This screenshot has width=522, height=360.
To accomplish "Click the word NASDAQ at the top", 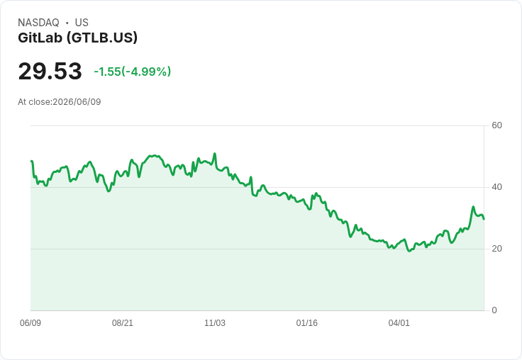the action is [x=38, y=23].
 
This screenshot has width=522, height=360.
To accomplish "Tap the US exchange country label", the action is [x=82, y=23].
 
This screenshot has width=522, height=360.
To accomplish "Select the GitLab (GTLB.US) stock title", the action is [x=77, y=38].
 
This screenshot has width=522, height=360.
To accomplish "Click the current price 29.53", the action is [x=50, y=71].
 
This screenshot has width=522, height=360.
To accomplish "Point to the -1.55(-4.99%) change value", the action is [x=132, y=72].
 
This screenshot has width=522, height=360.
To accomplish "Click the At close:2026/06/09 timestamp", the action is [x=60, y=102].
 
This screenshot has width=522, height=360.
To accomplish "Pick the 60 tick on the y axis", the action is [x=496, y=125].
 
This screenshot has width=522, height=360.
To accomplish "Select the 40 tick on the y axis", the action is [x=496, y=187].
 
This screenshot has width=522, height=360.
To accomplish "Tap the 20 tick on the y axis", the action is [x=496, y=249].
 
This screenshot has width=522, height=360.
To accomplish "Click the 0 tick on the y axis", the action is [x=494, y=310].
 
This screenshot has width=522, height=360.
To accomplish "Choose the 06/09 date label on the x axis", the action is [x=30, y=323].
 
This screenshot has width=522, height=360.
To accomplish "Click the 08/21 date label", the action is [x=123, y=323].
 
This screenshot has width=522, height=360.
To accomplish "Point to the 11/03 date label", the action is [x=215, y=323].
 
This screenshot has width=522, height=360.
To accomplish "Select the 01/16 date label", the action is [x=306, y=323].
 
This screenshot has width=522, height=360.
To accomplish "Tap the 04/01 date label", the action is [x=399, y=323].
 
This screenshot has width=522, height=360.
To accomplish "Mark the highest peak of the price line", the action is [x=215, y=153].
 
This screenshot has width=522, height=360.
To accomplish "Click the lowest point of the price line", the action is [x=409, y=251].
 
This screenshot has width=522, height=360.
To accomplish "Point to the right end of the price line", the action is [x=484, y=219].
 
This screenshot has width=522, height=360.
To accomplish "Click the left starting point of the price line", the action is [x=31, y=161].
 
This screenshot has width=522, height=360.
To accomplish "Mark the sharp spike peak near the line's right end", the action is [x=473, y=207].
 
